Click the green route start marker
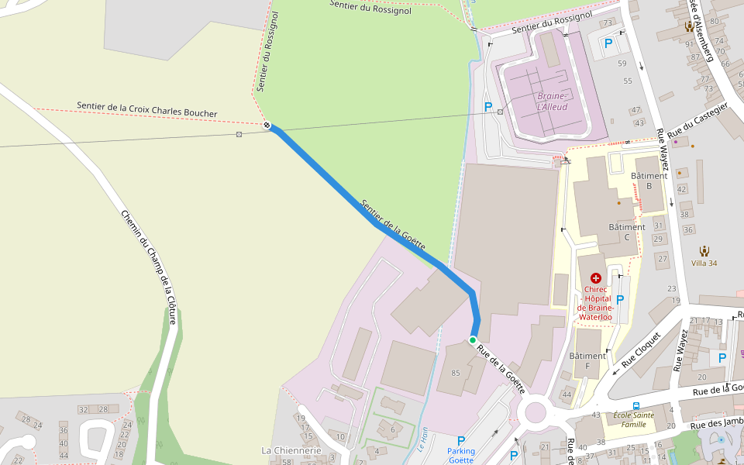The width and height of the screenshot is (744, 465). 473,339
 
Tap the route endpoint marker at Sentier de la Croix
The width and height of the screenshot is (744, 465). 267,125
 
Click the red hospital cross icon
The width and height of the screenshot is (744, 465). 595,277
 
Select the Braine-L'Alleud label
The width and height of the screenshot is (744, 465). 552,101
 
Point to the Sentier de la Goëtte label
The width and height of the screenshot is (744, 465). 393,224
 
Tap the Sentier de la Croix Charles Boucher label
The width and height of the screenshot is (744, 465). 147,108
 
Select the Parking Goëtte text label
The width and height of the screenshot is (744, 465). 460,455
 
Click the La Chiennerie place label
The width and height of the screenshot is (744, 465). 291,450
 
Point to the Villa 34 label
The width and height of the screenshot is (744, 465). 704,263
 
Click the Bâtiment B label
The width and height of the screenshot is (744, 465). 649,181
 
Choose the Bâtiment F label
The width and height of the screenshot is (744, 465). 587,360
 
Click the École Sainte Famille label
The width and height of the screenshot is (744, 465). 634,419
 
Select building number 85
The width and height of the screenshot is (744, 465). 456,373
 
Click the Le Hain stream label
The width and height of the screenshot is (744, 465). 422,440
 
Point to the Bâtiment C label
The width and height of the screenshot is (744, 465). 626,232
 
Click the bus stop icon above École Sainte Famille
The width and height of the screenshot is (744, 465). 635,405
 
